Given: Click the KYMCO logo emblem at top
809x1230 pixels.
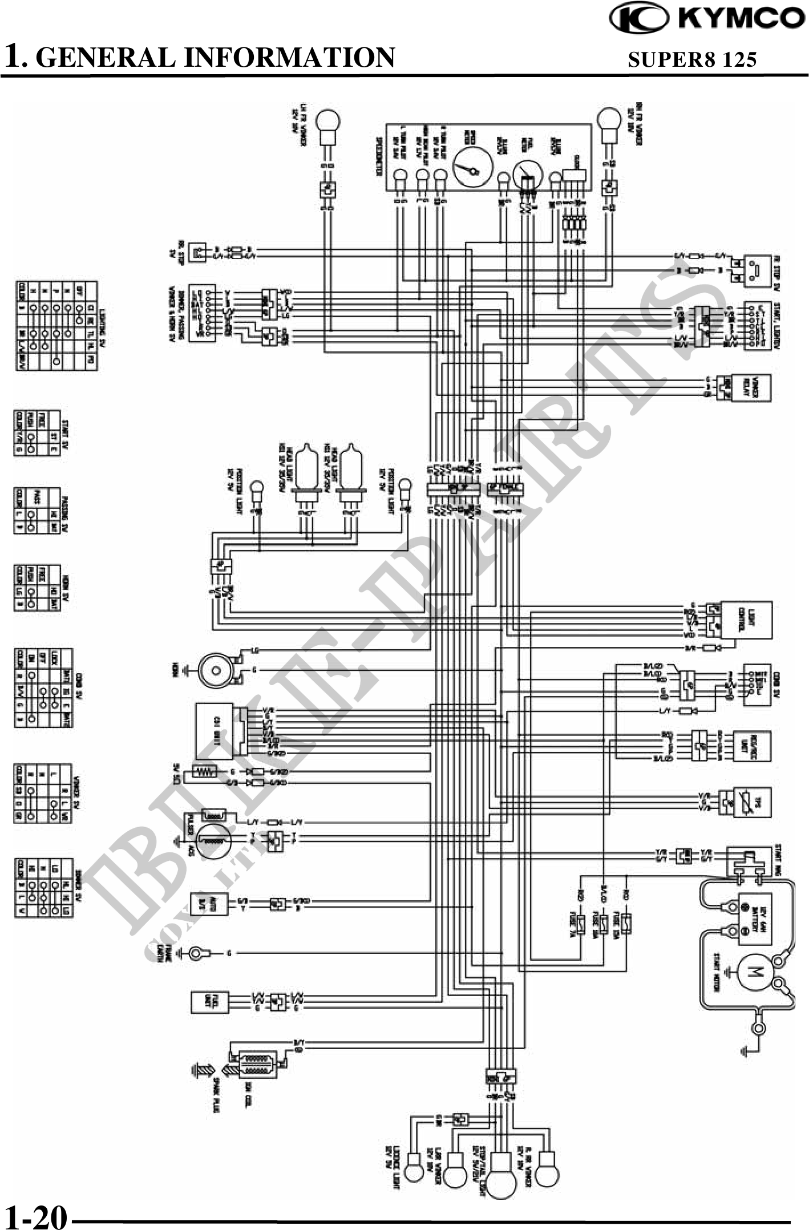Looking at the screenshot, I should pyautogui.click(x=638, y=18).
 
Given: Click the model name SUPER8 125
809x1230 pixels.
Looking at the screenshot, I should pyautogui.click(x=692, y=59).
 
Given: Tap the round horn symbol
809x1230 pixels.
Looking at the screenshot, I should pyautogui.click(x=216, y=670).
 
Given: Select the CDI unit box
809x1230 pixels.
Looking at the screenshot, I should pyautogui.click(x=215, y=731).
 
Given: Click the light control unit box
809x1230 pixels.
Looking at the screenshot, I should pyautogui.click(x=746, y=620).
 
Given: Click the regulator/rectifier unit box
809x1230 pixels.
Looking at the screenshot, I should pyautogui.click(x=751, y=746).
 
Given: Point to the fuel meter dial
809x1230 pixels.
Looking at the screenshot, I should pyautogui.click(x=527, y=173).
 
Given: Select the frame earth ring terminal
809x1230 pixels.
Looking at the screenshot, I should pyautogui.click(x=198, y=952).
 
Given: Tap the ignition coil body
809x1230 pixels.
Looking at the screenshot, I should pyautogui.click(x=256, y=1065).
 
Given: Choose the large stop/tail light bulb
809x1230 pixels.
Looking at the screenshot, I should pyautogui.click(x=500, y=1168).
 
